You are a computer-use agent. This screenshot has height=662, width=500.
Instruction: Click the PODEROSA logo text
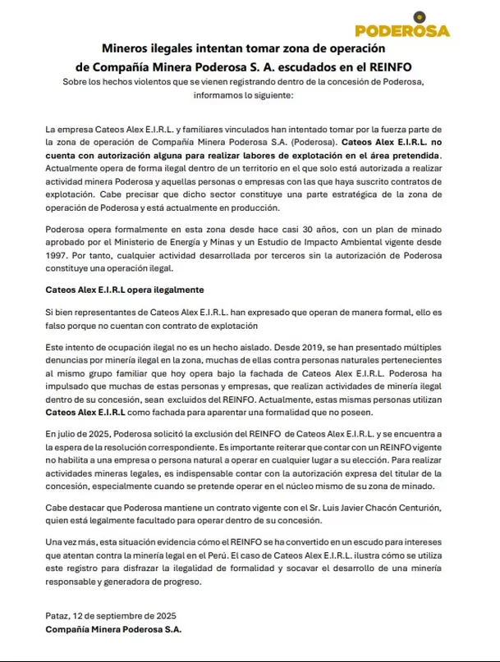click(x=402, y=30)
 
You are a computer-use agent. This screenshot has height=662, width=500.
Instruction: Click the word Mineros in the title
click(x=128, y=49)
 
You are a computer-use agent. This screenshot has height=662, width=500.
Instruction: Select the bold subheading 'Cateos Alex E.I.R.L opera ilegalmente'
click(x=124, y=290)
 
